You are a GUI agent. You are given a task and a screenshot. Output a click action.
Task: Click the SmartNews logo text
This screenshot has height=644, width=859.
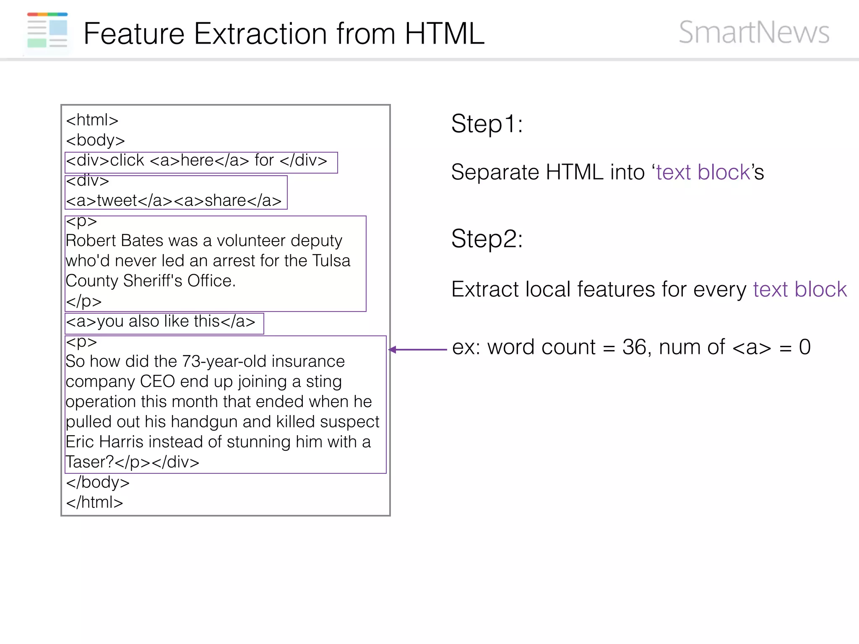point(754,33)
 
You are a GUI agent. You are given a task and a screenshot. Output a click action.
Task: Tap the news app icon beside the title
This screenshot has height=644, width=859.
point(47,31)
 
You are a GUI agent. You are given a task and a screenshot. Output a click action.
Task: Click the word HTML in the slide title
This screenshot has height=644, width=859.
point(444,34)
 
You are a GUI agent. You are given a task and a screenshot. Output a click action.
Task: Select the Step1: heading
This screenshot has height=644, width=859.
point(487,124)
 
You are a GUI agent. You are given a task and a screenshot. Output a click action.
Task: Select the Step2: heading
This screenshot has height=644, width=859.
point(487,239)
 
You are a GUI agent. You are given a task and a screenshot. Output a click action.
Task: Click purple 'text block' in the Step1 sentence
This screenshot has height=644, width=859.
point(703,172)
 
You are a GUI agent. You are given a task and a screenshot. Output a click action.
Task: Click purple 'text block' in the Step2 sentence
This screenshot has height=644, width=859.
point(799,289)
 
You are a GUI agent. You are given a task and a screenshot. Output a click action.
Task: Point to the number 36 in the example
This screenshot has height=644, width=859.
point(634,347)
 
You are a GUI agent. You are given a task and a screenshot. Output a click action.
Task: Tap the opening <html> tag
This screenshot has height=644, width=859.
point(92,120)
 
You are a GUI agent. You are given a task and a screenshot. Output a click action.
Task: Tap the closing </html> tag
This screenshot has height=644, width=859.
point(94,502)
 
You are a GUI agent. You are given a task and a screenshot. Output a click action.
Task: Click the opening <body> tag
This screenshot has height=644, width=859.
point(95,140)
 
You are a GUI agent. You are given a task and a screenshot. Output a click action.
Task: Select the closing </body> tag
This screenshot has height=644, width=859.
point(98,482)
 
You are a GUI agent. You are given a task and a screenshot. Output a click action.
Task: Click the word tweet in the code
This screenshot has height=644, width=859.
point(117,201)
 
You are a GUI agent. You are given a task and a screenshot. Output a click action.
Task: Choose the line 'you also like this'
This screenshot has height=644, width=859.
point(161,322)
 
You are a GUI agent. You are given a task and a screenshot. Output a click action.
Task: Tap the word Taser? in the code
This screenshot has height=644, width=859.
point(89,462)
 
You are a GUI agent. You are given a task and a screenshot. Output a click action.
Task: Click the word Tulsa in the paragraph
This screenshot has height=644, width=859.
point(331,261)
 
